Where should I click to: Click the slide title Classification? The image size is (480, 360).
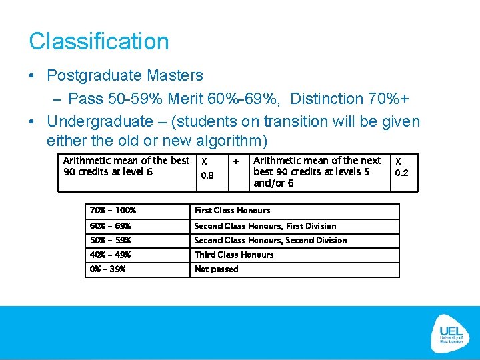(99, 41)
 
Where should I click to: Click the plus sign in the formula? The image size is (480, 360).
(235, 161)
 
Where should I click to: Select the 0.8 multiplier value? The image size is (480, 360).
(207, 176)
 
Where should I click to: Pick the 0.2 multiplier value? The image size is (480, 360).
(401, 173)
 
